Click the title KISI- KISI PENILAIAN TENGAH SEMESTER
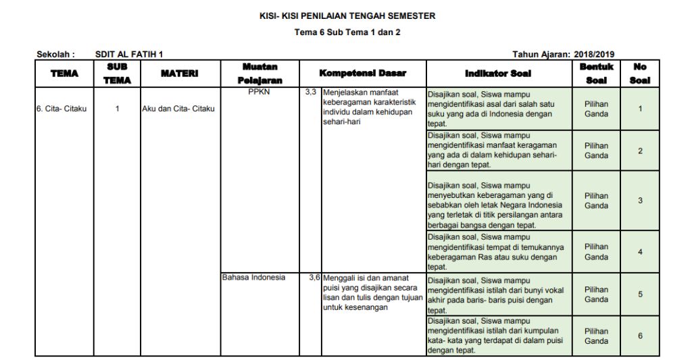[347, 16]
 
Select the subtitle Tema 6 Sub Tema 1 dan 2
[347, 32]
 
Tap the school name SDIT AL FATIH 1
[129, 54]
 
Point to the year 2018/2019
[594, 54]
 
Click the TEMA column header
[64, 73]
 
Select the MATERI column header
[179, 73]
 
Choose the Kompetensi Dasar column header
[362, 73]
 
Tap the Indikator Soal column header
[498, 73]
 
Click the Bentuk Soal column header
[596, 73]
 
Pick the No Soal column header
[639, 73]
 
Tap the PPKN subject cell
[259, 93]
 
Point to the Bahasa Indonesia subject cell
[253, 277]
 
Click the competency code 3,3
[311, 92]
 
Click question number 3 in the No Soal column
[640, 201]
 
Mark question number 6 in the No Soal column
[640, 336]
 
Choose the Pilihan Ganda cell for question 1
[596, 109]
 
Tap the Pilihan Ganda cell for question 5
[596, 294]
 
